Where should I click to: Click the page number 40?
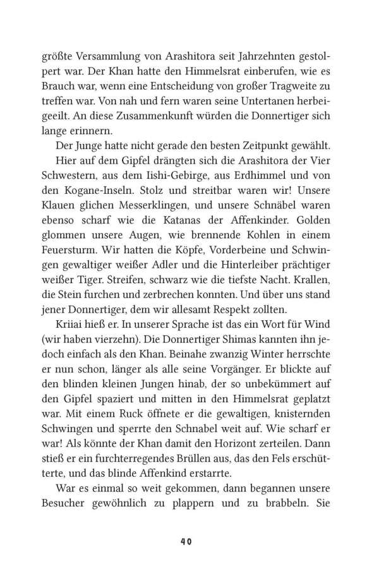[x=185, y=524]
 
